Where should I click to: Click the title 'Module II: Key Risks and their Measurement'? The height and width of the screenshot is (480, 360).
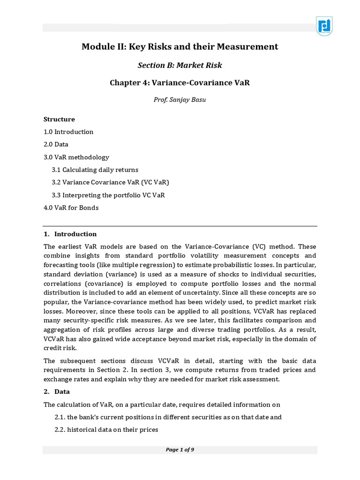click(x=180, y=46)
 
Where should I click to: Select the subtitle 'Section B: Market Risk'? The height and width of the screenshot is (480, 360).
click(x=180, y=65)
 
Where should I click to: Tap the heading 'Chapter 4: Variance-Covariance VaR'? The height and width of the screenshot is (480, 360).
click(x=180, y=82)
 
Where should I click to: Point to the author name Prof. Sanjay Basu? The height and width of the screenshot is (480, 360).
click(x=180, y=99)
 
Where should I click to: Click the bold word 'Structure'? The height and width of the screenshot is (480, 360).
click(x=59, y=119)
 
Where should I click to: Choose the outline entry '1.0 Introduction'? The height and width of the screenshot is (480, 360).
click(x=68, y=132)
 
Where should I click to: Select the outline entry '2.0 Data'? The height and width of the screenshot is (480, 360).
click(x=56, y=144)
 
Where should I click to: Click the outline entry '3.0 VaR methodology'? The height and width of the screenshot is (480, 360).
click(x=76, y=157)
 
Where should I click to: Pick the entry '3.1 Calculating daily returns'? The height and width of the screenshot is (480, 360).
click(x=95, y=170)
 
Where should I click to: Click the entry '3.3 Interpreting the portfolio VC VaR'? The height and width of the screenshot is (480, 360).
click(x=108, y=195)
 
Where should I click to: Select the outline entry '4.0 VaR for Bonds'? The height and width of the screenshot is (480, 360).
click(x=71, y=208)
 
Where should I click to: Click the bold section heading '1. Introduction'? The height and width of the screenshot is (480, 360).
click(x=70, y=234)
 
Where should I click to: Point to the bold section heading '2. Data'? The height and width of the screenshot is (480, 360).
click(x=57, y=391)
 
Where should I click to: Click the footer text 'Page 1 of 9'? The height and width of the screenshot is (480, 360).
click(x=180, y=450)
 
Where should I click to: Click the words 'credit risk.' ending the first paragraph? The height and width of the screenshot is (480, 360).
click(x=60, y=348)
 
